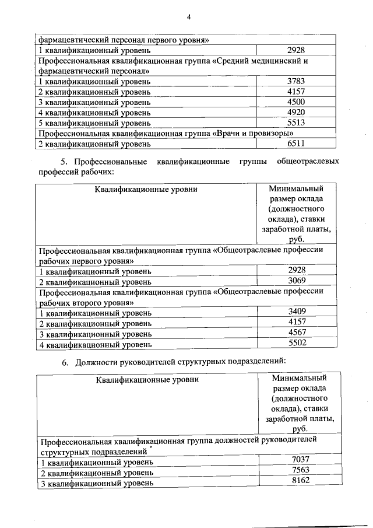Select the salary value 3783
[x=297, y=81]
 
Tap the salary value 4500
[x=297, y=102]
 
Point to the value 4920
[x=297, y=112]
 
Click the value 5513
[x=297, y=123]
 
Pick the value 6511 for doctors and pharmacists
[x=297, y=143]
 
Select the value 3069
[x=297, y=281]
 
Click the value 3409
[x=297, y=312]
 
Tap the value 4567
[x=297, y=333]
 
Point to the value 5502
[x=297, y=344]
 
